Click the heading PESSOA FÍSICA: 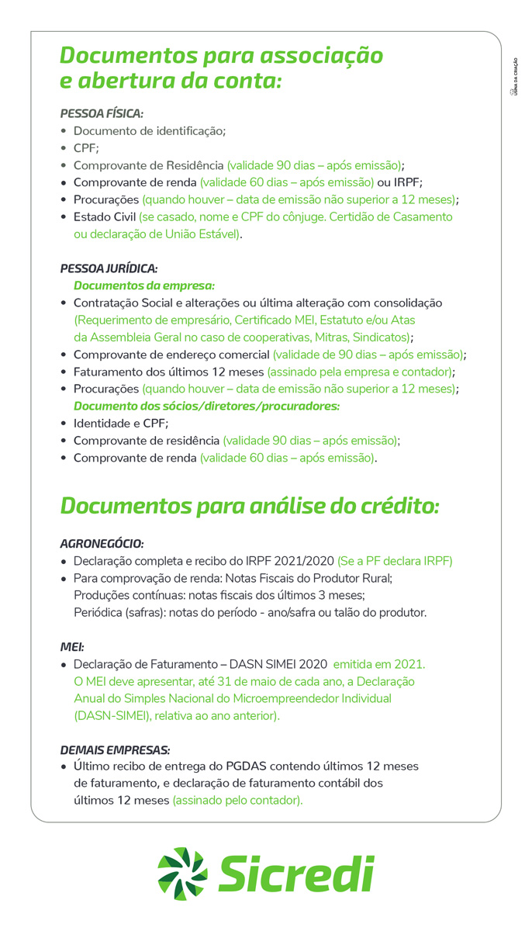click(102, 113)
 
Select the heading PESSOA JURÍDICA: click(109, 268)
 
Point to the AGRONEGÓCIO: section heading click(102, 543)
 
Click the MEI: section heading click(72, 646)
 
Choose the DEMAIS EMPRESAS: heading click(115, 749)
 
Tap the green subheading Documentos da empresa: click(143, 286)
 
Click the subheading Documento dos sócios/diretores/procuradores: click(206, 406)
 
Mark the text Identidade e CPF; click(120, 423)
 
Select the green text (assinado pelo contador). click(237, 800)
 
